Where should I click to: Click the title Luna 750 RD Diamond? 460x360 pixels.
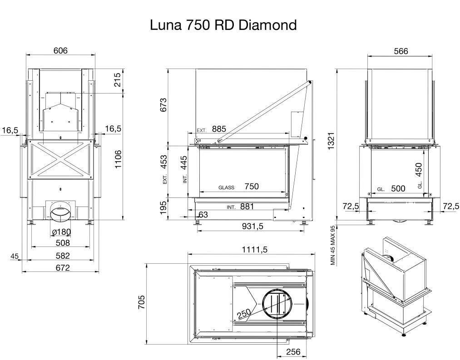pyautogui.click(x=223, y=25)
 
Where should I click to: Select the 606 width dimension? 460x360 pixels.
pyautogui.click(x=60, y=50)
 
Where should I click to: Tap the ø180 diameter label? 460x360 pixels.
pyautogui.click(x=61, y=232)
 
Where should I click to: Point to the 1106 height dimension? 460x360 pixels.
pyautogui.click(x=118, y=159)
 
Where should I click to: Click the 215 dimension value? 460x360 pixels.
pyautogui.click(x=117, y=79)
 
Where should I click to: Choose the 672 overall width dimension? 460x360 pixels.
pyautogui.click(x=63, y=267)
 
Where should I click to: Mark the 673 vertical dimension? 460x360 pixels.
pyautogui.click(x=163, y=105)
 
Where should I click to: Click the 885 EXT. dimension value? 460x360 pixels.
pyautogui.click(x=219, y=129)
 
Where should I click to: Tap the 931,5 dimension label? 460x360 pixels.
pyautogui.click(x=253, y=226)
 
